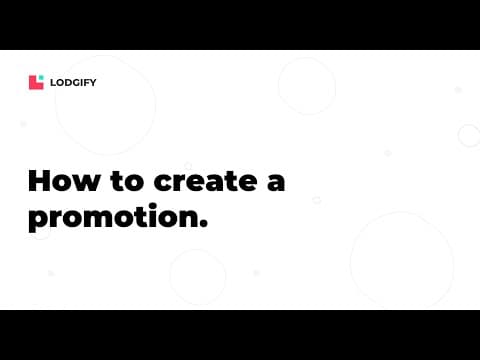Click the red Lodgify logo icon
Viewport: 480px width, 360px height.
click(x=35, y=83)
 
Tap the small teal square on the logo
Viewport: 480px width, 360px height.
click(x=41, y=78)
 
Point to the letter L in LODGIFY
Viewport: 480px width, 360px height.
click(x=53, y=83)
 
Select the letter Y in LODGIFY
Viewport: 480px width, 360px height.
click(x=93, y=83)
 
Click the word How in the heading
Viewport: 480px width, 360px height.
click(x=61, y=183)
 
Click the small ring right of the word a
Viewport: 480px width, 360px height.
click(x=316, y=200)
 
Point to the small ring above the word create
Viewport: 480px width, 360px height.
click(x=188, y=166)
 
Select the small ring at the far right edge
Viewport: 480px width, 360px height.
click(x=468, y=135)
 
